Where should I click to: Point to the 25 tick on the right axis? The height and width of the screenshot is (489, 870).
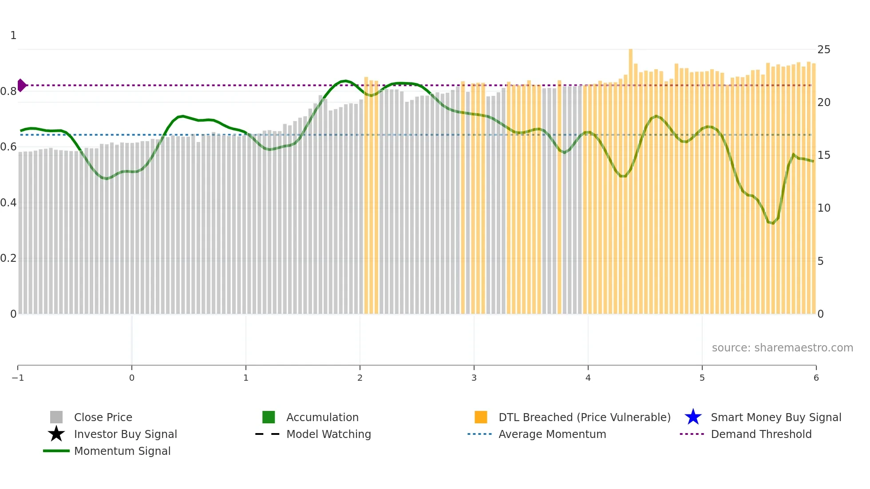tap(823, 50)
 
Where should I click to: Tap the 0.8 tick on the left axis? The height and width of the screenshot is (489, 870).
tap(8, 91)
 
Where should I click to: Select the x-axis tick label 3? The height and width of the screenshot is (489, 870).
tap(474, 378)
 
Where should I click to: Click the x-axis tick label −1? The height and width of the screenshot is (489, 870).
tap(18, 378)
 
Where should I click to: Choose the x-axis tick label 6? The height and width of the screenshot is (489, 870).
tap(816, 378)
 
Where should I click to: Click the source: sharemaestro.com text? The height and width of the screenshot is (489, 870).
tap(782, 347)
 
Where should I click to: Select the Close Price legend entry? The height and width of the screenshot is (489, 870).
tap(103, 417)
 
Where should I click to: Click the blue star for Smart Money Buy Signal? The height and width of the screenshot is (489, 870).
tap(693, 417)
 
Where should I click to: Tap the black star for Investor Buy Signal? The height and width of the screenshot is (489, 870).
tap(56, 434)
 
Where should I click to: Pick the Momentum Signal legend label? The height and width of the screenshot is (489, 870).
tap(122, 451)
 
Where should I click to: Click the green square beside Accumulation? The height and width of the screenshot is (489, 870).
tap(269, 417)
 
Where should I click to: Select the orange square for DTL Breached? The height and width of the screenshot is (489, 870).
tap(481, 417)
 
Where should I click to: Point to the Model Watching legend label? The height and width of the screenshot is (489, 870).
tap(328, 434)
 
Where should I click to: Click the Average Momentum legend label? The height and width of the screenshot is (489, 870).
tap(552, 434)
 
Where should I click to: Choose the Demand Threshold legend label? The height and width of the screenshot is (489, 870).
tap(761, 434)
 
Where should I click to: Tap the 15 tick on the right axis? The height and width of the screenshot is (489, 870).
tap(823, 155)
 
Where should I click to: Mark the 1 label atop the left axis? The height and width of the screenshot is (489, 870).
tap(13, 35)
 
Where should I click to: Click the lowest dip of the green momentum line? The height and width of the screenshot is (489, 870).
tap(773, 223)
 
